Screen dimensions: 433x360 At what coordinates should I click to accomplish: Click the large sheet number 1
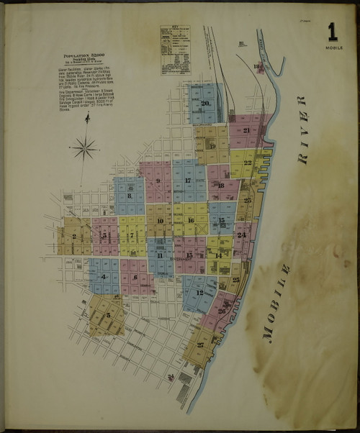click(332, 31)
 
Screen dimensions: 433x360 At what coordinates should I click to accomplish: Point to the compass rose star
click(86, 149)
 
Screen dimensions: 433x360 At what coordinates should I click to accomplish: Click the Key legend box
click(175, 50)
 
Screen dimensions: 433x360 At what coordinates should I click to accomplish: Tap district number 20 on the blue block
click(206, 103)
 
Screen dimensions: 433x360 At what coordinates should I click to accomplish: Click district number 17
click(189, 180)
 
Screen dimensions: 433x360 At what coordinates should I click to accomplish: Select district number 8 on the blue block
click(130, 195)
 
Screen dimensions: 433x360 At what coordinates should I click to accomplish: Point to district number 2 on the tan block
click(74, 237)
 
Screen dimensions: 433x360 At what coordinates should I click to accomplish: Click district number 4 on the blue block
click(104, 276)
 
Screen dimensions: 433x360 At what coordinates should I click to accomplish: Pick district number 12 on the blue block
click(199, 293)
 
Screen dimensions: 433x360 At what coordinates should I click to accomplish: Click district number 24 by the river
click(242, 235)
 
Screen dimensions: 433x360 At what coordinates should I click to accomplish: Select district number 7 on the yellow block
click(132, 234)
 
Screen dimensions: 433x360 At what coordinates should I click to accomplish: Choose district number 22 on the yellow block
click(247, 163)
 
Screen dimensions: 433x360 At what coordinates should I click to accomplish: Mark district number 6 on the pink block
click(135, 277)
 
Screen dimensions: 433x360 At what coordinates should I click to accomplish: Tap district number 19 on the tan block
click(213, 145)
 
